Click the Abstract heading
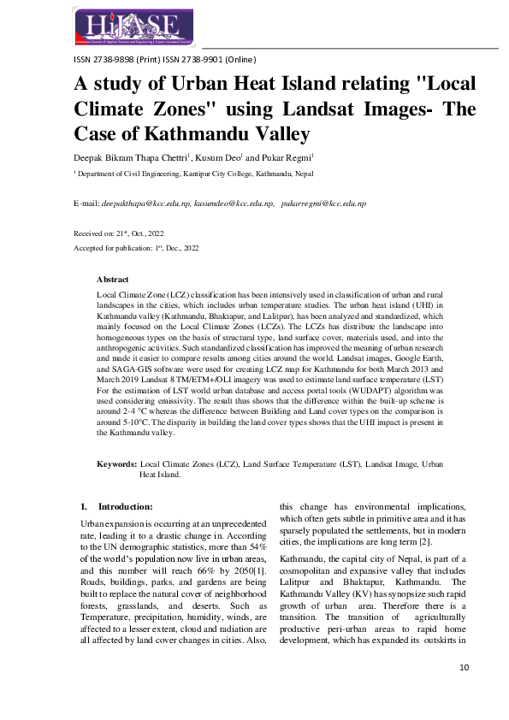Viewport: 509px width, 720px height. coord(113,280)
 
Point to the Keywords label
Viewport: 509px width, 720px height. coord(117,463)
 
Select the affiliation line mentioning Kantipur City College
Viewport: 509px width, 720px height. coord(207,172)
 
